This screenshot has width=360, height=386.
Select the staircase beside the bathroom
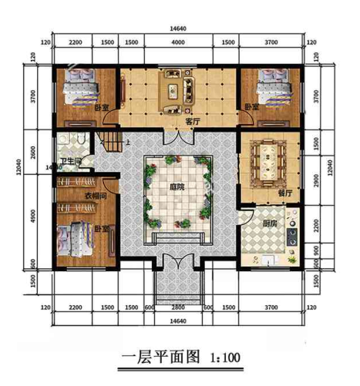pyautogui.click(x=110, y=141)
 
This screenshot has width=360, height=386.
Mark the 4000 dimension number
pyautogui.click(x=178, y=41)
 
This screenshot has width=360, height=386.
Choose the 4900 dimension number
pyautogui.click(x=33, y=218)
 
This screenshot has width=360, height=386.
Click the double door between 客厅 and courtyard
pyautogui.click(x=178, y=136)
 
